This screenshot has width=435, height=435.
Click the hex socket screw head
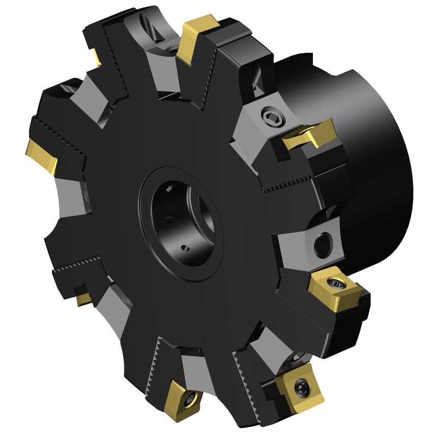[x=271, y=117]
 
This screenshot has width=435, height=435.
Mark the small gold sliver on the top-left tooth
[x=96, y=56]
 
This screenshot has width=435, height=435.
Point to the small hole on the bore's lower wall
[x=185, y=249]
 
